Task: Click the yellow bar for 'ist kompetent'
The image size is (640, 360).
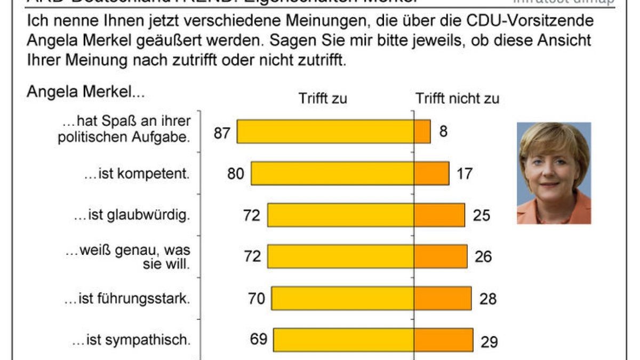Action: [333, 173]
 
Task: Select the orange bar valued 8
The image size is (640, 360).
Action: [422, 132]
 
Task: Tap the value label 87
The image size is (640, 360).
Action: [222, 132]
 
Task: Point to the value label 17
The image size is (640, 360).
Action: [465, 174]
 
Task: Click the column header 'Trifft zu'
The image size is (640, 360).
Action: [323, 99]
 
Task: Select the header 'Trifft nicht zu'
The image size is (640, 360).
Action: [457, 99]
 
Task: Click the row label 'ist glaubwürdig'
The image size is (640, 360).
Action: [132, 216]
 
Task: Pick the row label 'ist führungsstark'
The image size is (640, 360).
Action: [127, 299]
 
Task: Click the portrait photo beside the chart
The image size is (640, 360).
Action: [554, 173]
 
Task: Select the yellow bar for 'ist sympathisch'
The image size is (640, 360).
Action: [344, 340]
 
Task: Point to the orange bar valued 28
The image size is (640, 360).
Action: [443, 298]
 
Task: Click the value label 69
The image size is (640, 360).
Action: [258, 339]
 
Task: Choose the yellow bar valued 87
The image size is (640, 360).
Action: [325, 132]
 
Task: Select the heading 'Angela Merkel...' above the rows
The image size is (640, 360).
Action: [85, 92]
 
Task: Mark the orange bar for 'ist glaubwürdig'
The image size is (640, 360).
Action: [439, 215]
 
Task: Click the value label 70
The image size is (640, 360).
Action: [257, 298]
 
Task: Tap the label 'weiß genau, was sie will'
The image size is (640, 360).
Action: [127, 256]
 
